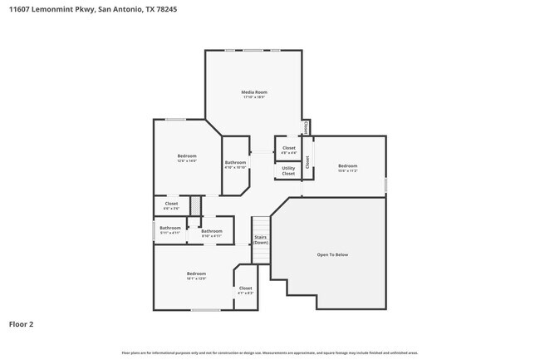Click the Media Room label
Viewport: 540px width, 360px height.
[254, 91]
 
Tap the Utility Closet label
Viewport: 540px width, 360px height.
[288, 170]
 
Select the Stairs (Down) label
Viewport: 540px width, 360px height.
[260, 239]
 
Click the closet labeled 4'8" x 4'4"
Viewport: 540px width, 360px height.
[288, 150]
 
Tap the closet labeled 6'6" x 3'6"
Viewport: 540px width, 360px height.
[171, 204]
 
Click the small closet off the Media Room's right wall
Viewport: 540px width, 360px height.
[306, 127]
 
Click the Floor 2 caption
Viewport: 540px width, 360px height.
[22, 324]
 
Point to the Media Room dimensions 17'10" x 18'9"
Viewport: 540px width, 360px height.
[254, 97]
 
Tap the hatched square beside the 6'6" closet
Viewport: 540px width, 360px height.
[196, 204]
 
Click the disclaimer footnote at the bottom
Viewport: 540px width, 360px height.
[269, 353]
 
